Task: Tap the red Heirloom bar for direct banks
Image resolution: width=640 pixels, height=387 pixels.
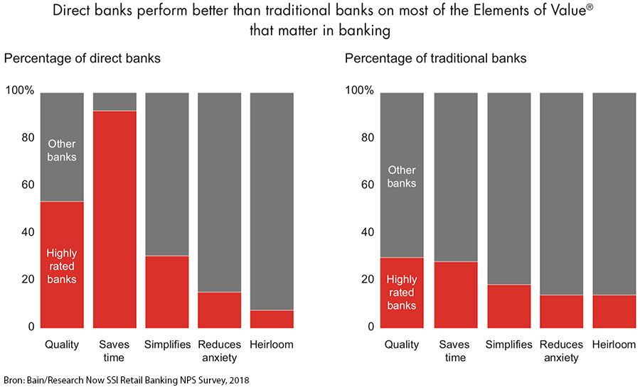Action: coord(272,319)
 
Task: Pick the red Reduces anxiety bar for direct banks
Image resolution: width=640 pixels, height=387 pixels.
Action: coord(219,310)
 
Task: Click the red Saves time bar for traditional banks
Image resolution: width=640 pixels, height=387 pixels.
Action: coord(455,294)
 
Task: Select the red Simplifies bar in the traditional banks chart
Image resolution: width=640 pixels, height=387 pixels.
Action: coord(508,305)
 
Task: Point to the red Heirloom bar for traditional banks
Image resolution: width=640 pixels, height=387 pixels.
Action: coord(614,311)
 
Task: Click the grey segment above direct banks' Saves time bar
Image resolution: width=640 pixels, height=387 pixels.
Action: coord(114,102)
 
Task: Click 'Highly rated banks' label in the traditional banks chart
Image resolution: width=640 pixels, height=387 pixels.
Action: coord(402,293)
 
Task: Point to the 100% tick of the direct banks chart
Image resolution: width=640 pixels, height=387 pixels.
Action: coord(19,91)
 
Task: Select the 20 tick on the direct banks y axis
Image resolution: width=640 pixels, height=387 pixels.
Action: coord(26,279)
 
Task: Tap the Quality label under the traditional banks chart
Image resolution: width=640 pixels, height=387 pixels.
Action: coord(402,345)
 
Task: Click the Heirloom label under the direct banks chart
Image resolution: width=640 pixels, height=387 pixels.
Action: coord(272,345)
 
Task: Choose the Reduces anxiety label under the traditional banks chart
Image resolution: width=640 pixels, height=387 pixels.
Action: coord(561,351)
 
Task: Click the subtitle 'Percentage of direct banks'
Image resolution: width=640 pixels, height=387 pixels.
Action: coord(82,58)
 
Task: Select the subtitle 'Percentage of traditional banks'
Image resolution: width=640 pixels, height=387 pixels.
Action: coord(436,58)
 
